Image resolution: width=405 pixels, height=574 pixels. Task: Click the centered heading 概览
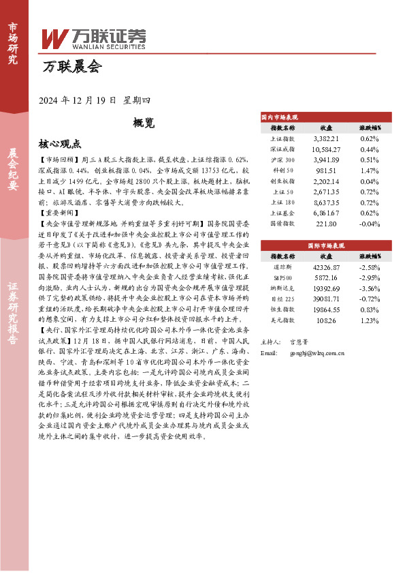click(x=144, y=123)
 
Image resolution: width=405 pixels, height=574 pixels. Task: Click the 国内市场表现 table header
click(x=280, y=117)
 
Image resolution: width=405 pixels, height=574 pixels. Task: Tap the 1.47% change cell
click(x=369, y=170)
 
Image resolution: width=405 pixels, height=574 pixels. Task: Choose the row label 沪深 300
click(x=282, y=160)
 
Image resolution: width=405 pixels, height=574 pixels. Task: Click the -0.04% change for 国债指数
click(x=369, y=224)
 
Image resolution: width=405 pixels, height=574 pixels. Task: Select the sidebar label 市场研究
click(x=13, y=43)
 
